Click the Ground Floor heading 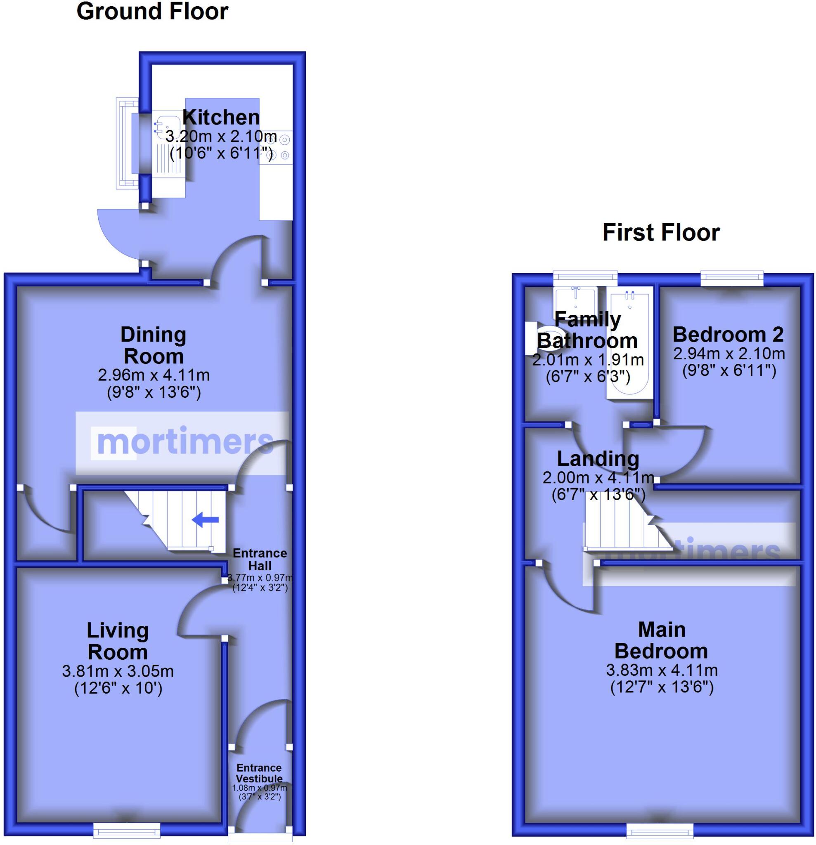point(152,11)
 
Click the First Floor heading point(661,232)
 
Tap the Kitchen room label point(221,117)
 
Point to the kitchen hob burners point(280,146)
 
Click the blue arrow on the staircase point(205,519)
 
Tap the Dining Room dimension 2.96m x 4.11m point(154,375)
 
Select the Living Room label point(118,641)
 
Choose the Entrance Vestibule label point(259,773)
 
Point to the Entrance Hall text point(260,559)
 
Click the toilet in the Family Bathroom point(542,338)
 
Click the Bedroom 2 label point(728,334)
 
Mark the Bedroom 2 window point(732,278)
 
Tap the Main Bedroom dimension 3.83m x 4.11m point(662,670)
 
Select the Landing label point(598,458)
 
